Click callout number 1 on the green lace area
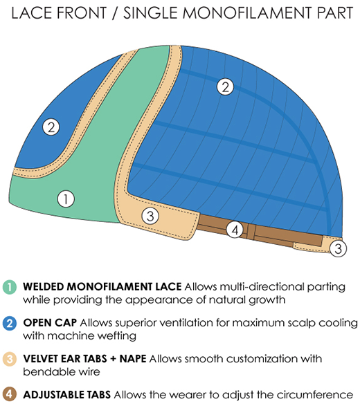coord(66,199)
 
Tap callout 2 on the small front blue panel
coord(51,127)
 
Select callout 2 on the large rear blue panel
coord(225,86)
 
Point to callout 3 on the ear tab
coord(150,216)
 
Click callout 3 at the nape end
coord(338,248)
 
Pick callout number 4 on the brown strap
coord(235,230)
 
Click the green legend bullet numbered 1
coord(10,287)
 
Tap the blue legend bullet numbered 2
coord(10,323)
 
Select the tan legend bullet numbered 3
coord(10,359)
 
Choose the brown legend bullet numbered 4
coord(10,394)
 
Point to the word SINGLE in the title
coord(150,13)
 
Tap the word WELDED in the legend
coord(43,287)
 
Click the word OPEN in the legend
coord(36,323)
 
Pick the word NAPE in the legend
coord(133,359)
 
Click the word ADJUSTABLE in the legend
coord(66,395)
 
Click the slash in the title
coord(115,13)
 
